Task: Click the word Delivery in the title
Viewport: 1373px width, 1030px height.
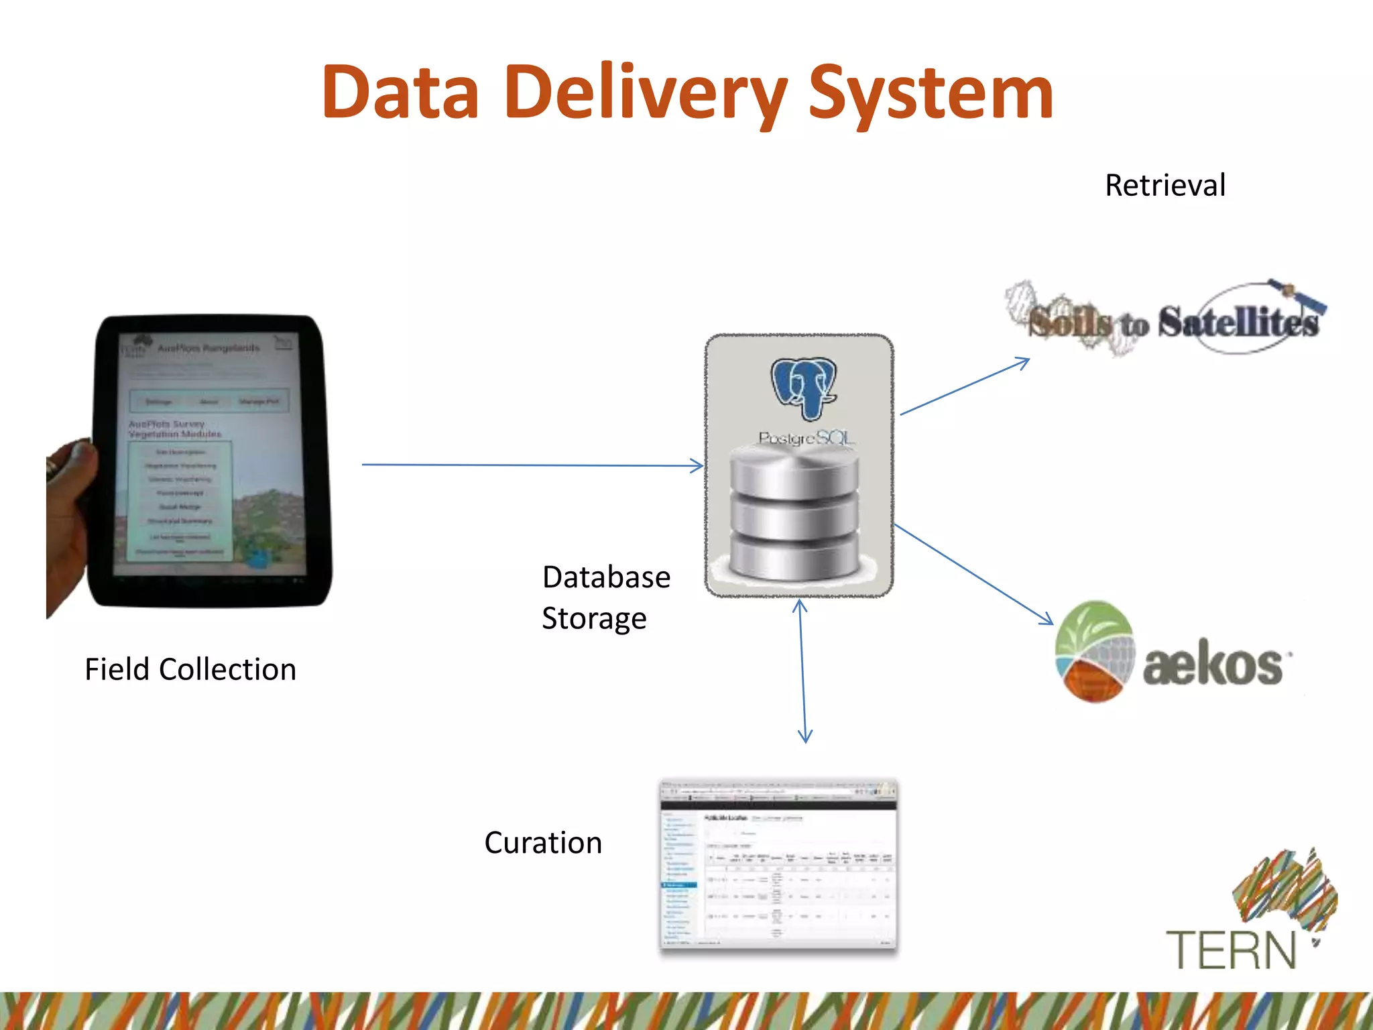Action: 647,94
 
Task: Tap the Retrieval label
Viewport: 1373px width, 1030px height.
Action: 1165,186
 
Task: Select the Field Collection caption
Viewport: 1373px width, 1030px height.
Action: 190,669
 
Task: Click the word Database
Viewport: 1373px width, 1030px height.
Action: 606,577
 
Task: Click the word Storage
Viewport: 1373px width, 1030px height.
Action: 594,618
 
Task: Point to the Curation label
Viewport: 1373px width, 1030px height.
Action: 543,843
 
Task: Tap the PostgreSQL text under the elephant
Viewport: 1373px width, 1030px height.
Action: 807,439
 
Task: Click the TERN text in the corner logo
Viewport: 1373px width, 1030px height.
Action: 1232,950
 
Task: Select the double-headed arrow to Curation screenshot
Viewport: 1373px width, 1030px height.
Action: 802,671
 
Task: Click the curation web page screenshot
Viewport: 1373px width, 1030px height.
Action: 778,864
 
